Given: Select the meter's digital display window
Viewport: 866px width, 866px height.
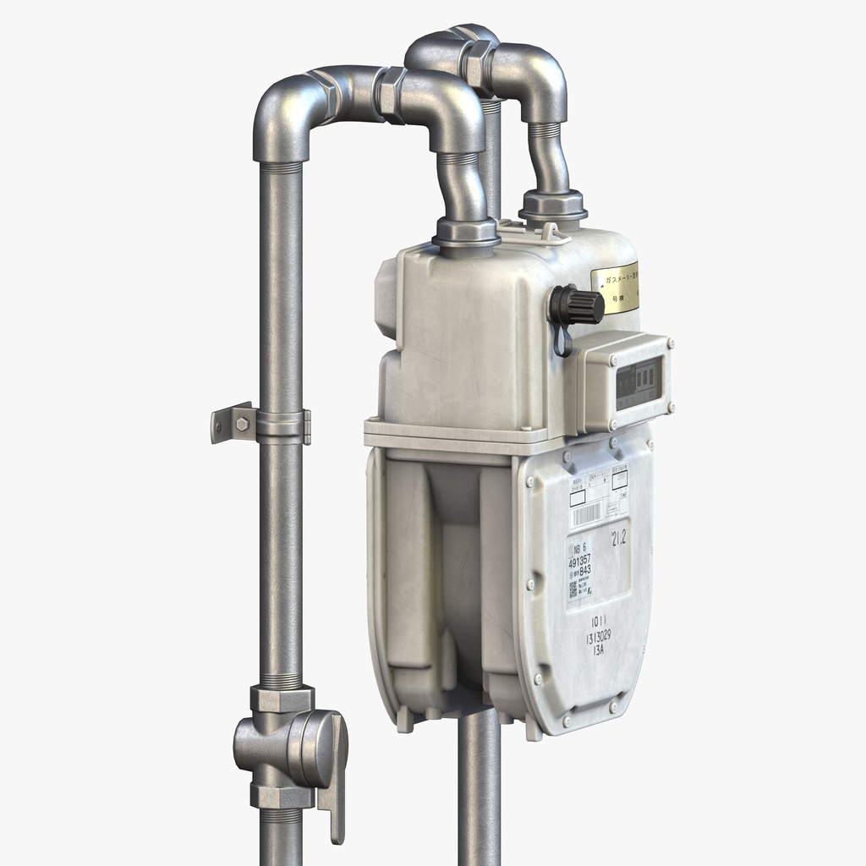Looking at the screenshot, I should pyautogui.click(x=638, y=382).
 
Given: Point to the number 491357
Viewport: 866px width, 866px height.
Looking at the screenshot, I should pyautogui.click(x=579, y=559).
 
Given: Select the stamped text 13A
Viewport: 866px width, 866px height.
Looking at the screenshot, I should pyautogui.click(x=600, y=652).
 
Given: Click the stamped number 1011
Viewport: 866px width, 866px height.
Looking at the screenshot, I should pyautogui.click(x=600, y=622).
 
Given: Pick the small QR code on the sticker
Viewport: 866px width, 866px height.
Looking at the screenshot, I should pyautogui.click(x=573, y=589).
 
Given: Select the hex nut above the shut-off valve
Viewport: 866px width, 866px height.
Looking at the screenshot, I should pyautogui.click(x=282, y=699).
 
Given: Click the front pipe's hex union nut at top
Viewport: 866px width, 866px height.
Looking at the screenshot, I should pyautogui.click(x=391, y=92).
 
